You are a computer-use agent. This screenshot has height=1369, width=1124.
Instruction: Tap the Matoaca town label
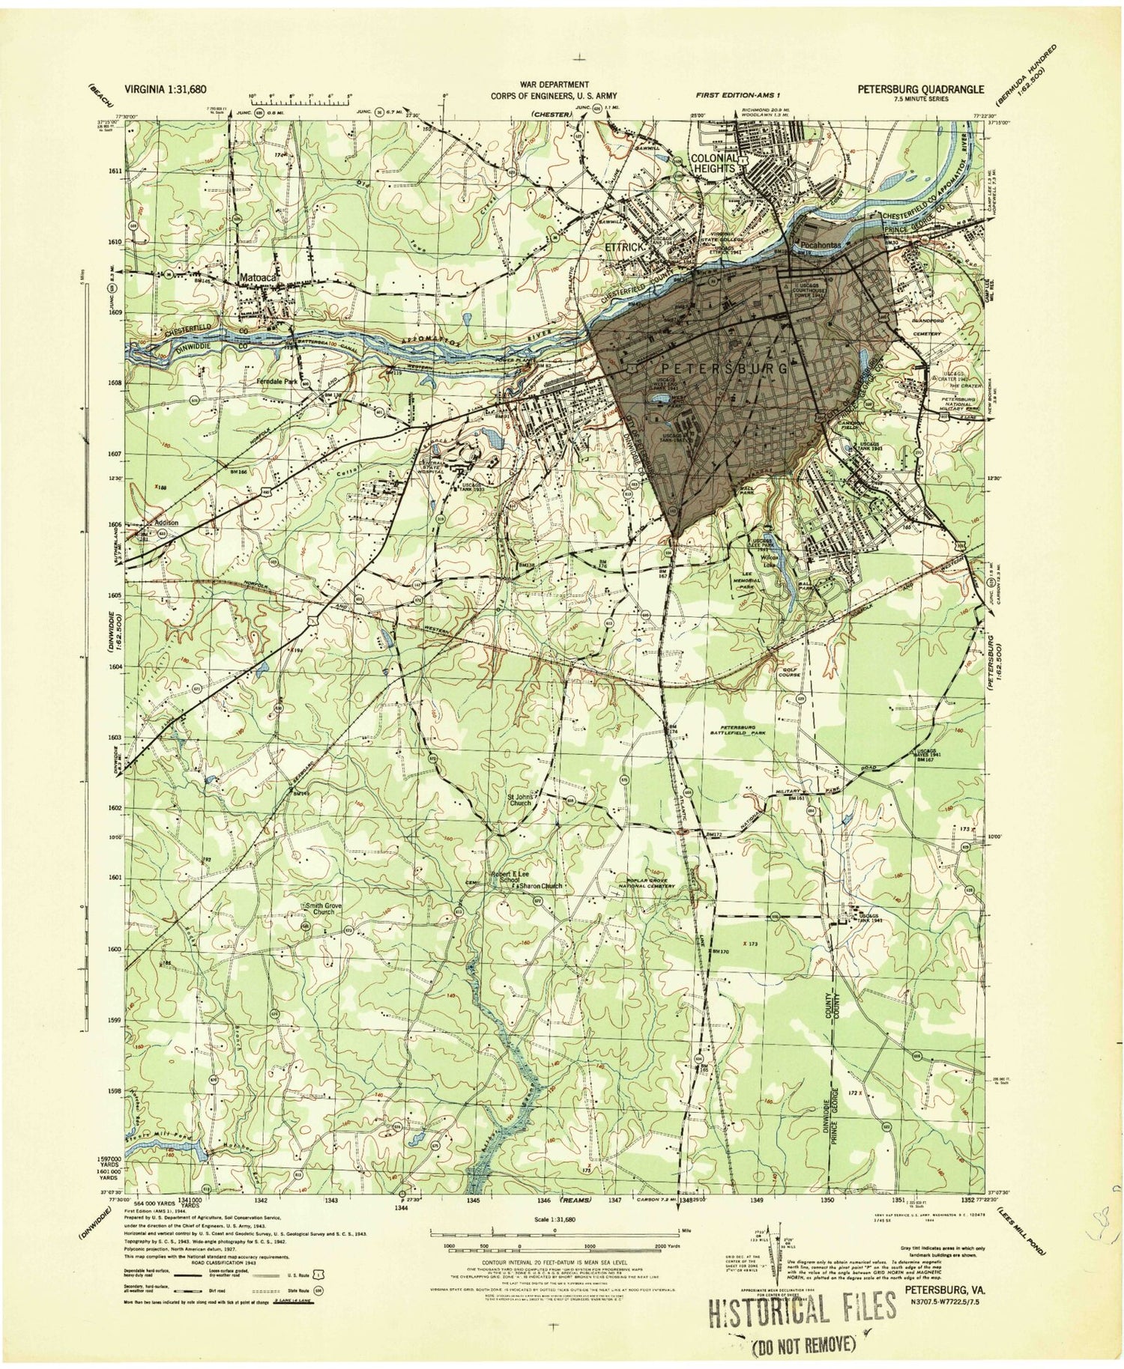tap(258, 276)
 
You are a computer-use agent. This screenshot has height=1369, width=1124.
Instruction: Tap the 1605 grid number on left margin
tap(112, 595)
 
